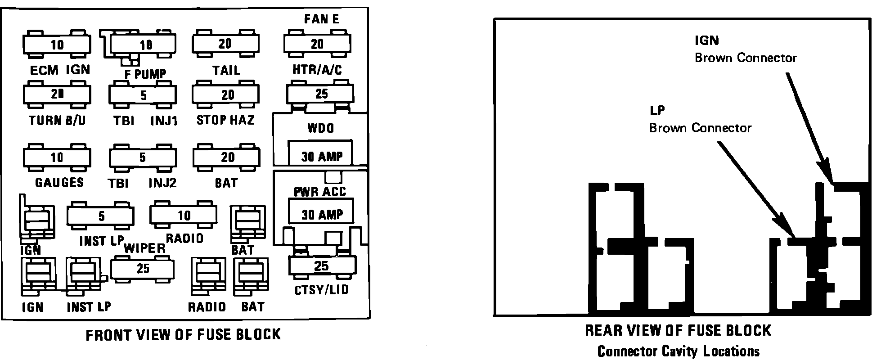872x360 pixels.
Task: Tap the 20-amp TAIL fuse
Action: tap(225, 44)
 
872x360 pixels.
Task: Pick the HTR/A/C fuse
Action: tap(317, 44)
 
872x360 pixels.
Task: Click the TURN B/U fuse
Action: tap(57, 94)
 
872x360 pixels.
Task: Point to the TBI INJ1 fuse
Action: tap(143, 95)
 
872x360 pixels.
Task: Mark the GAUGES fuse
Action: tap(57, 157)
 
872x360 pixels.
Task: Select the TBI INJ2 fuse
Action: tap(143, 157)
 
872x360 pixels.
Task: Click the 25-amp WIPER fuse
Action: tap(143, 269)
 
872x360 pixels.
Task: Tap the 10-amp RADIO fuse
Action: tap(184, 215)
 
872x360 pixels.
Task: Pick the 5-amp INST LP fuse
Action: tap(101, 216)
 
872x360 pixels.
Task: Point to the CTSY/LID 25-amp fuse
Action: tap(322, 266)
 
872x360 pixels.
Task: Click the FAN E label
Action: tap(321, 19)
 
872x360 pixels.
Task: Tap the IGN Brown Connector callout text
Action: tap(745, 49)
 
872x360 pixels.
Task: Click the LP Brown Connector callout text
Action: tap(700, 119)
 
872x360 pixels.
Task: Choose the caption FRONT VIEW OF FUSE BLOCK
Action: tap(183, 334)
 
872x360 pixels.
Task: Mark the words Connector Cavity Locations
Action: tap(678, 351)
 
